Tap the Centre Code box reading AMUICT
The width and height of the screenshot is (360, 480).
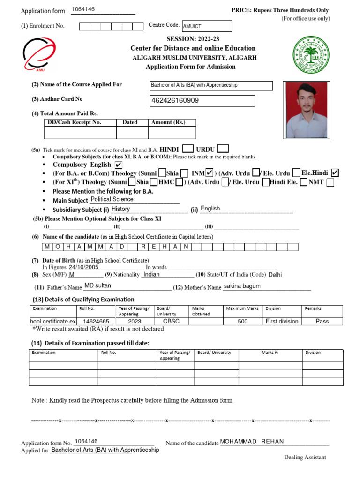tap(207, 27)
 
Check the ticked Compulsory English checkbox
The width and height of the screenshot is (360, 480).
tap(118, 165)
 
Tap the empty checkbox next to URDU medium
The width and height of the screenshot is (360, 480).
tap(223, 148)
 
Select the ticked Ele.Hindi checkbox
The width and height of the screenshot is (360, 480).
tap(335, 173)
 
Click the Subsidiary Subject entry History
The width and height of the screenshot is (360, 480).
tap(121, 209)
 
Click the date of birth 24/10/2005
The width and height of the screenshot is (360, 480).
tap(84, 267)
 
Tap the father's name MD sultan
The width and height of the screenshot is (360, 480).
tap(97, 285)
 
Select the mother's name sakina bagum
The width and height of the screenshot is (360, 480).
tap(242, 286)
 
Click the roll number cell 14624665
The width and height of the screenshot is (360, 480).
tap(96, 322)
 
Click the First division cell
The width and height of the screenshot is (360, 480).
tap(282, 322)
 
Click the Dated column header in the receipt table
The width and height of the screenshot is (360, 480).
tap(130, 122)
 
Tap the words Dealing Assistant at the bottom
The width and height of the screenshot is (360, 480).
tap(305, 457)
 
